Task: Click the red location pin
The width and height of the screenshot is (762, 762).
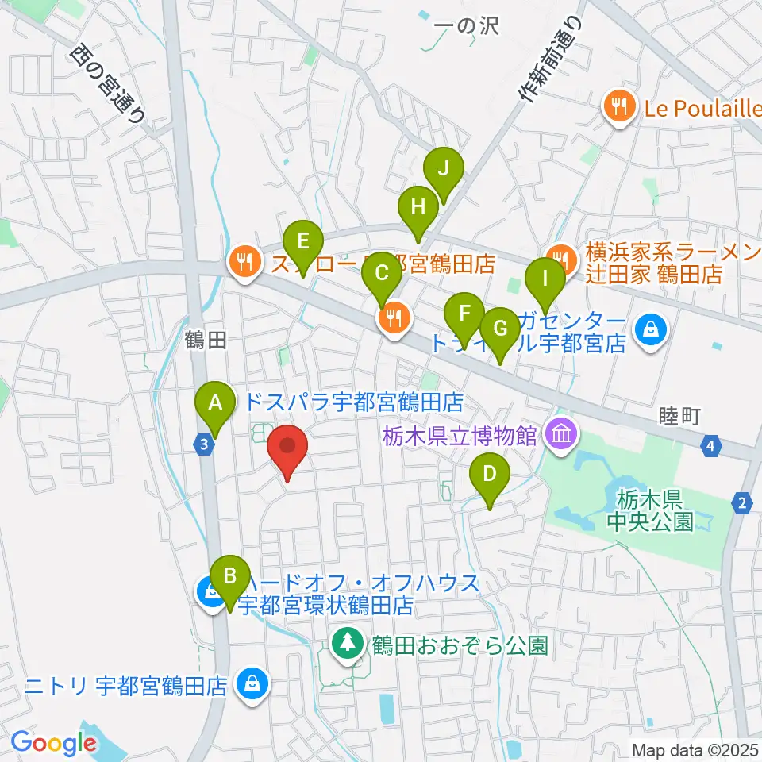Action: pyautogui.click(x=287, y=451)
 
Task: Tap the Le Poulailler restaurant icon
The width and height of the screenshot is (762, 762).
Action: pyautogui.click(x=618, y=106)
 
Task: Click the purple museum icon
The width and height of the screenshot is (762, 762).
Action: pyautogui.click(x=561, y=434)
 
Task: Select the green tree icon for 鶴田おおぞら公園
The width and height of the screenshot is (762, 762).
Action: pyautogui.click(x=347, y=642)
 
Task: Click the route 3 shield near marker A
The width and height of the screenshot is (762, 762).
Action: pyautogui.click(x=204, y=445)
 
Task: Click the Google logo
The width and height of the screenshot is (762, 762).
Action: pyautogui.click(x=53, y=744)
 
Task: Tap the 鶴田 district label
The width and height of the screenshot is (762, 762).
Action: pyautogui.click(x=206, y=341)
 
